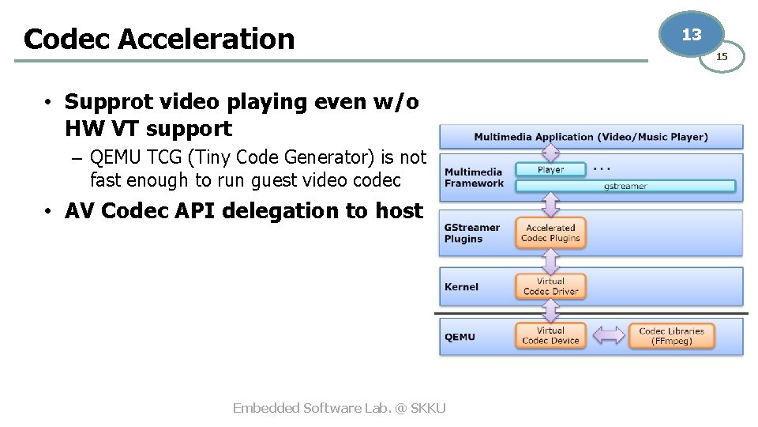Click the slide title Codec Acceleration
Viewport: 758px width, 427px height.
159,38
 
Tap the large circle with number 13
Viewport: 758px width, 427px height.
691,35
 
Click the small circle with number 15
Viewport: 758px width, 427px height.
722,56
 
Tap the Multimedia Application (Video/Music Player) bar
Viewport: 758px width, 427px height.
591,137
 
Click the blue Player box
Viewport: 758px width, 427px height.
550,169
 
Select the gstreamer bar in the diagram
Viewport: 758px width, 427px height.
625,186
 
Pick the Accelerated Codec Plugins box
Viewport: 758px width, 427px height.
550,232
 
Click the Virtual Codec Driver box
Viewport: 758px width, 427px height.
550,286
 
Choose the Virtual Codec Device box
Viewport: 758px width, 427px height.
550,336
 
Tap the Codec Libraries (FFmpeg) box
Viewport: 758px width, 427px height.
671,336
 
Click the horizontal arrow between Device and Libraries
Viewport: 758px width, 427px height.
608,336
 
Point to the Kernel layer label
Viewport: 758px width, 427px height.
461,287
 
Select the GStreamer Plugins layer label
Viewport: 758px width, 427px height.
472,233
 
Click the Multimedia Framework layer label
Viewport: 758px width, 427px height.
474,178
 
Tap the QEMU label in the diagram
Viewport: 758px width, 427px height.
460,337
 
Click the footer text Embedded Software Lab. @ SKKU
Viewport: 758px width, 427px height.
340,408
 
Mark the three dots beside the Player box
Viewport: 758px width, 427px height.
602,168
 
